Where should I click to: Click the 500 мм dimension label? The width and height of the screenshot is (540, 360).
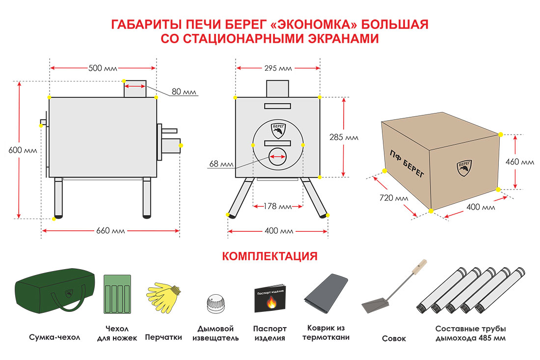point(103,68)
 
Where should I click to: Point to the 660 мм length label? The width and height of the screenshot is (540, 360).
point(111,231)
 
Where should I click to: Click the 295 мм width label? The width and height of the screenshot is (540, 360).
point(278,68)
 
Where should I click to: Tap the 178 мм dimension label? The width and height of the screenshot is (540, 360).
point(278,206)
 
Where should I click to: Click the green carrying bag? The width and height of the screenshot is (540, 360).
point(54,294)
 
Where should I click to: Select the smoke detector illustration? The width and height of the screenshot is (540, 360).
point(216,303)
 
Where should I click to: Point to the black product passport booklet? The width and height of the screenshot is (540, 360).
point(270,298)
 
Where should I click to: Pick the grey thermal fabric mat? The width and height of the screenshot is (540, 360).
point(326,295)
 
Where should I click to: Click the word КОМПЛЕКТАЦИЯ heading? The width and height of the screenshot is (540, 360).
point(270,256)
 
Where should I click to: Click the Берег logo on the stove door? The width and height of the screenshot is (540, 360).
point(277,131)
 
